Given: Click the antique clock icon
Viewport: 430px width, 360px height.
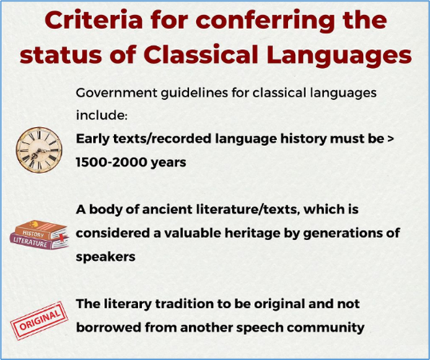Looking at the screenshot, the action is click(39, 150).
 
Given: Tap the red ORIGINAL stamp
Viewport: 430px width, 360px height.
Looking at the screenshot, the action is click(39, 321).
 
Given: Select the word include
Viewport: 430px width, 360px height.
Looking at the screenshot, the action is click(102, 115).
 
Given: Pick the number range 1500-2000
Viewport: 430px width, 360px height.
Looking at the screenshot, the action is click(112, 162).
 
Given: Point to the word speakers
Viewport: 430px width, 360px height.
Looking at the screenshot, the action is click(105, 258).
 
